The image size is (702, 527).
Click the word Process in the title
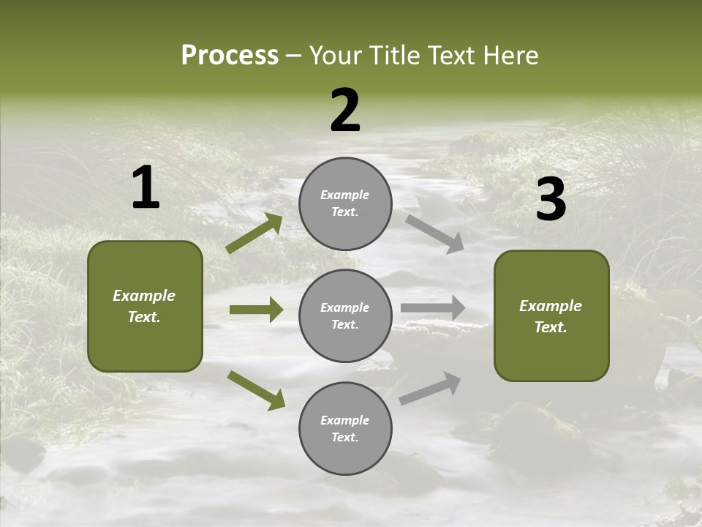(x=230, y=56)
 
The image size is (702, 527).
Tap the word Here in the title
(x=510, y=56)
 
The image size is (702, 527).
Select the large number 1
(x=146, y=188)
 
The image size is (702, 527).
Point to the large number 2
(x=345, y=111)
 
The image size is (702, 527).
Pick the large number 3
(x=551, y=200)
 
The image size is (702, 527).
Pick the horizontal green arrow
(x=256, y=310)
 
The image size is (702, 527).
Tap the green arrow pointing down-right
(x=256, y=390)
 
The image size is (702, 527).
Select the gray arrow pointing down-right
(x=435, y=233)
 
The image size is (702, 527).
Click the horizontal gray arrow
(x=433, y=307)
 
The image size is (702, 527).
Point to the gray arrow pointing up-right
(x=430, y=388)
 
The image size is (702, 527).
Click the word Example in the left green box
(x=144, y=296)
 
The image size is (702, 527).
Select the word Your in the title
(x=336, y=56)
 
